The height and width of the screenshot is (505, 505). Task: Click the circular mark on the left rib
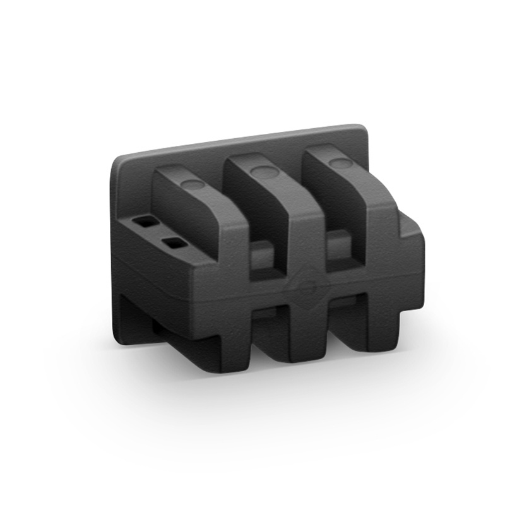click(193, 184)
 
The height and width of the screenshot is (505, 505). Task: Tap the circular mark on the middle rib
click(261, 171)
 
